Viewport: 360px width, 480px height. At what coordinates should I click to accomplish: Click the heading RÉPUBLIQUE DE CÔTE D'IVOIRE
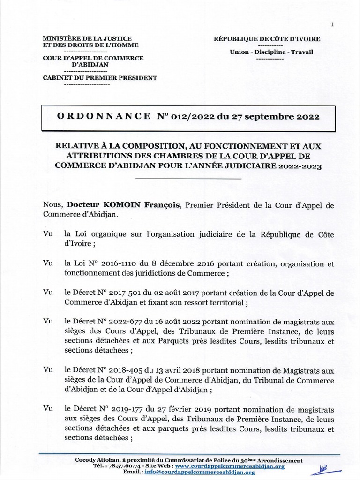(270, 38)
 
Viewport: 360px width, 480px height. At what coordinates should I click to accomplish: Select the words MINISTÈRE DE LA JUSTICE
(87, 38)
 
